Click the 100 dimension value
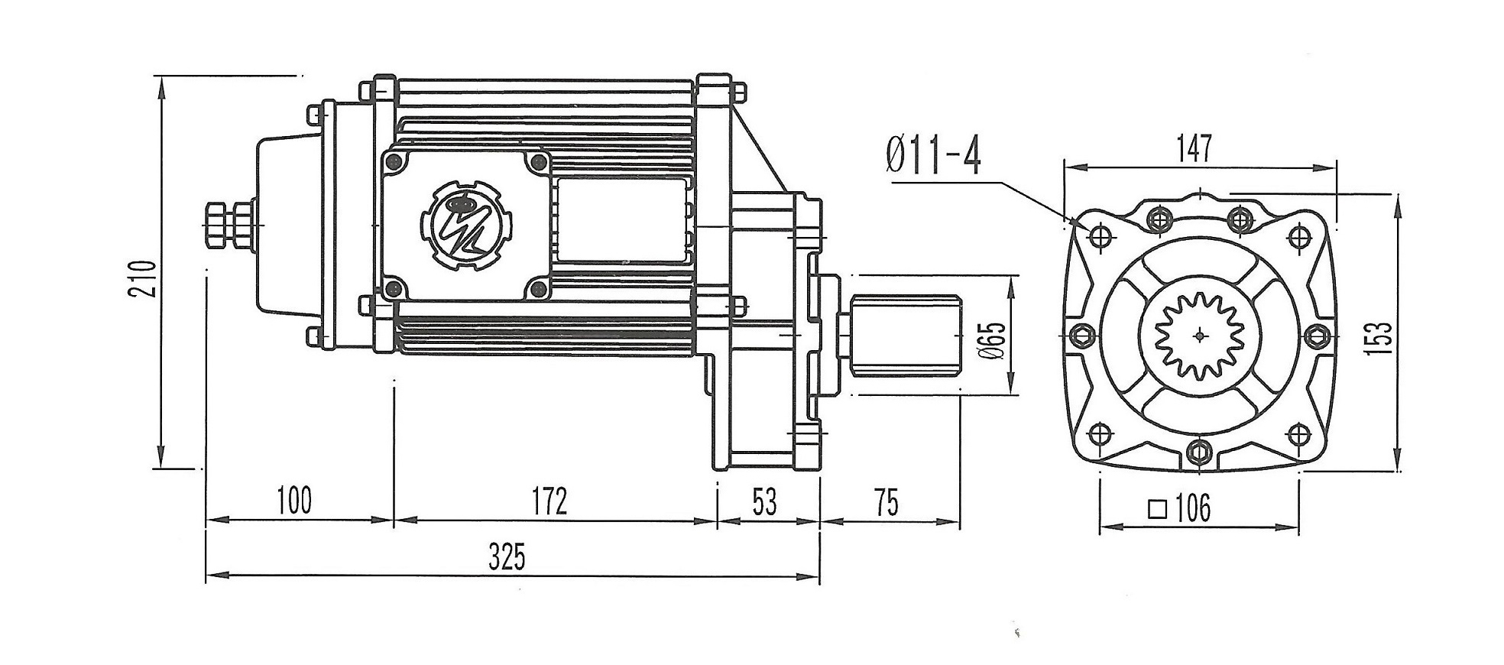click(294, 501)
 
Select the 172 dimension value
click(549, 501)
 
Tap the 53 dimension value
click(764, 501)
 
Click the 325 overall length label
click(507, 557)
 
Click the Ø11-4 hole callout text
click(934, 157)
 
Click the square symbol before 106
click(1159, 508)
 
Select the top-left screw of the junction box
click(394, 161)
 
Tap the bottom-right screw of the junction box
click(538, 288)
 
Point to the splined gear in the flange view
click(1199, 335)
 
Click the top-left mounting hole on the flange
click(1100, 237)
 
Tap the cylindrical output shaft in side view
click(906, 335)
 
